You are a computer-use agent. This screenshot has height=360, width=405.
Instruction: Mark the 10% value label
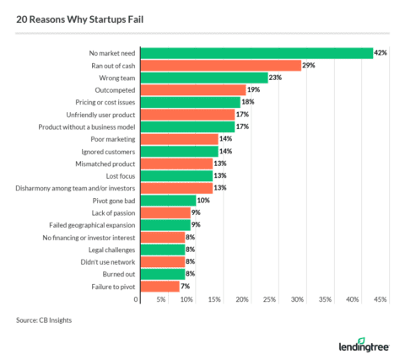(x=202, y=201)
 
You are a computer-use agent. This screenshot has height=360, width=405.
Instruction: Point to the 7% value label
(x=186, y=287)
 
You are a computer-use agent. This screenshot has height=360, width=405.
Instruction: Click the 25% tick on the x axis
(x=270, y=300)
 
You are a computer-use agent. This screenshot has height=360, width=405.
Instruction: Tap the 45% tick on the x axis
(x=380, y=300)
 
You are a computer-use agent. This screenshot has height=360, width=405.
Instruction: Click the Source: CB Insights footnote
(x=43, y=321)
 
